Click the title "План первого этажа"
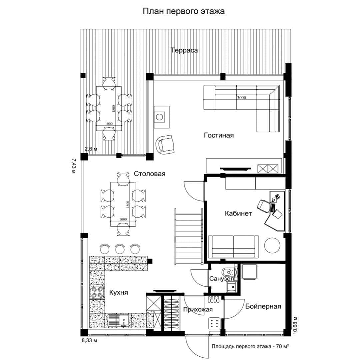[x=184, y=11]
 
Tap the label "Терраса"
[x=184, y=50]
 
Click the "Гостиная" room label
[x=219, y=135]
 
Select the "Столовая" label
[x=149, y=174]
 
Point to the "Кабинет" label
[x=238, y=214]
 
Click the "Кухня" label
[x=118, y=293]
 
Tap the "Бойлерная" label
[x=263, y=306]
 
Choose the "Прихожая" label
[x=198, y=309]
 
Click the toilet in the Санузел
[x=228, y=272]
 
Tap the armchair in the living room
[x=165, y=145]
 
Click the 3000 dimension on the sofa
[x=242, y=98]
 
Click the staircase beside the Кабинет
[x=189, y=236]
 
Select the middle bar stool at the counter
[x=120, y=248]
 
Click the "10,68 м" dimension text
[x=295, y=325]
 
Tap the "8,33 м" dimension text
[x=90, y=340]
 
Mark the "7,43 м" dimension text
[x=73, y=166]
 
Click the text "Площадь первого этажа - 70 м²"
[x=250, y=346]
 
